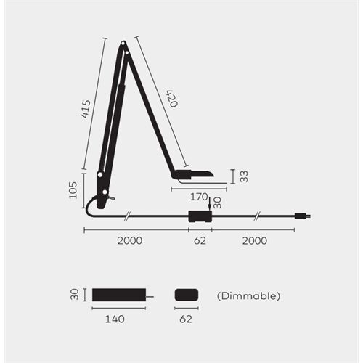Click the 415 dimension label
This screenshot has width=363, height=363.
point(87,109)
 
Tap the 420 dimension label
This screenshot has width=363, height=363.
point(171,99)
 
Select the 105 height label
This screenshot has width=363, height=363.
point(74,190)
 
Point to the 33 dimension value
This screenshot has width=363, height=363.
point(244,176)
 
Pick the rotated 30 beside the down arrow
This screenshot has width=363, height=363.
point(217,202)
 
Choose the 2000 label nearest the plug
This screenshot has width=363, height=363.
point(255,240)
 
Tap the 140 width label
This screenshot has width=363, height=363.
point(115,318)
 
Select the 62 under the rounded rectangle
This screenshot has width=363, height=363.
point(187,318)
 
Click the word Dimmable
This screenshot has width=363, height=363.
point(248,296)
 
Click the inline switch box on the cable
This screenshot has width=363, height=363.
point(199,216)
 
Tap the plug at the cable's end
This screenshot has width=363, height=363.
point(301,215)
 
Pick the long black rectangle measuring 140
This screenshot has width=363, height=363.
point(118,295)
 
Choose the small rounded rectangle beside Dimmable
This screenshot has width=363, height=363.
point(187,295)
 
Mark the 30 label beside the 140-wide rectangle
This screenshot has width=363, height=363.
point(74,295)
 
